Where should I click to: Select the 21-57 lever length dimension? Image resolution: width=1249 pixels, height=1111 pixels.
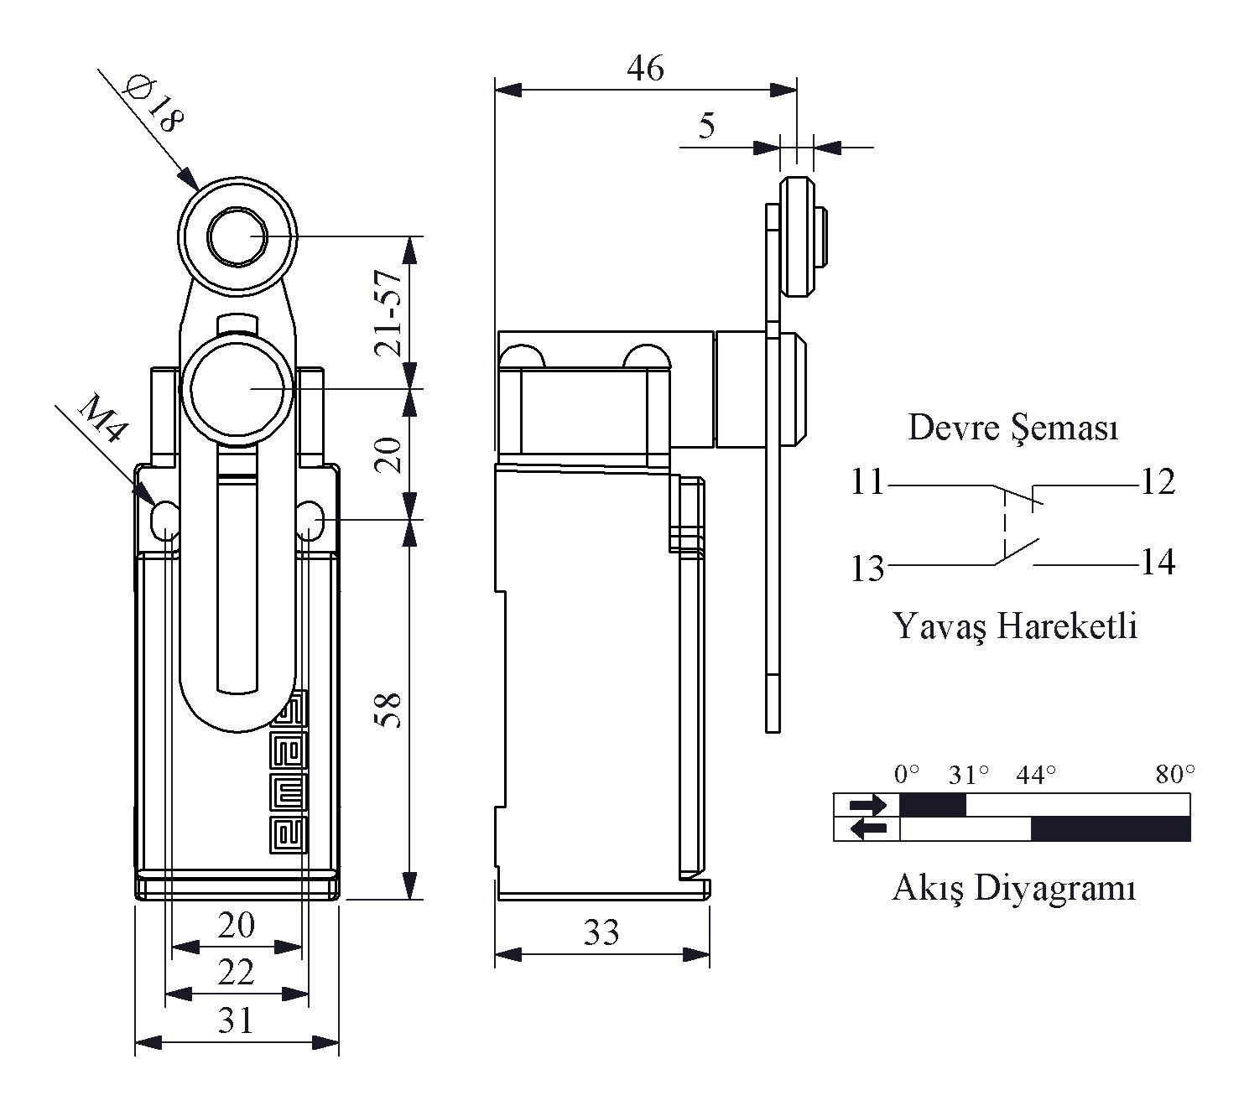pos(388,313)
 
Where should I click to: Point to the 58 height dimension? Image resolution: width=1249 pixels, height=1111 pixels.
pos(389,710)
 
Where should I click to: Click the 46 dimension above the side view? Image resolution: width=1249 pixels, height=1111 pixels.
pos(645,69)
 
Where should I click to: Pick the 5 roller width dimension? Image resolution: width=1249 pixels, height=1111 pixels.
pos(706,126)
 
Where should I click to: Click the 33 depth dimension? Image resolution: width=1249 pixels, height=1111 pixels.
pos(601,932)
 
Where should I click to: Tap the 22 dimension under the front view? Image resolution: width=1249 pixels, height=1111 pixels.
pos(236,973)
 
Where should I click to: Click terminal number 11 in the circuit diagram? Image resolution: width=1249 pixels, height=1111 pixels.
pos(867,482)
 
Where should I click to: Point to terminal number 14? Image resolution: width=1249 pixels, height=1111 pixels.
pos(1158,562)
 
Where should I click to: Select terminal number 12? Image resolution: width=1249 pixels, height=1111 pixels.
pos(1158,482)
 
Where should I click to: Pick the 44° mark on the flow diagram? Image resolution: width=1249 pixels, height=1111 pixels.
pos(1036,775)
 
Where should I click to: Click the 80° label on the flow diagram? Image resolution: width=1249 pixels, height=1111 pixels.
pos(1175,775)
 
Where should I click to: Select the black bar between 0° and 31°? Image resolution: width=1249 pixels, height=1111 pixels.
pos(933,805)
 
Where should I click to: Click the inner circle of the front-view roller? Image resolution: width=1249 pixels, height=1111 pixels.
pos(237,236)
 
